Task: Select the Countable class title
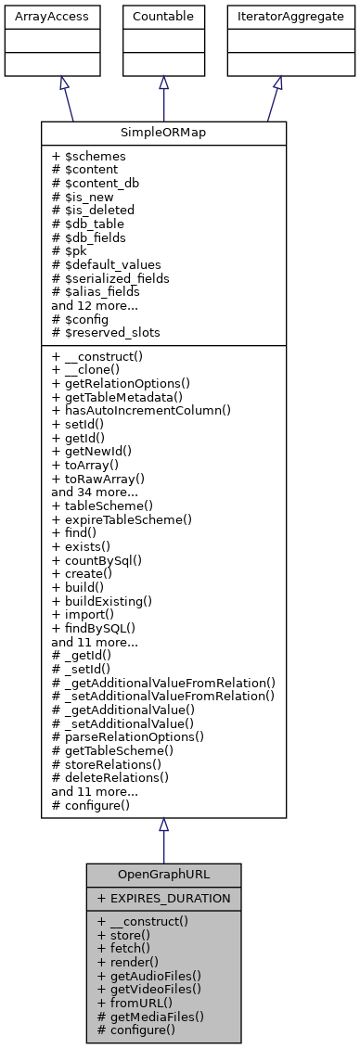[163, 16]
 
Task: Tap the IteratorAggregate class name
[277, 16]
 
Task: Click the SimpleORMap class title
[163, 133]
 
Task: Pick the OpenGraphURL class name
[163, 875]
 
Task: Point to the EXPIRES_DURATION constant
[163, 898]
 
